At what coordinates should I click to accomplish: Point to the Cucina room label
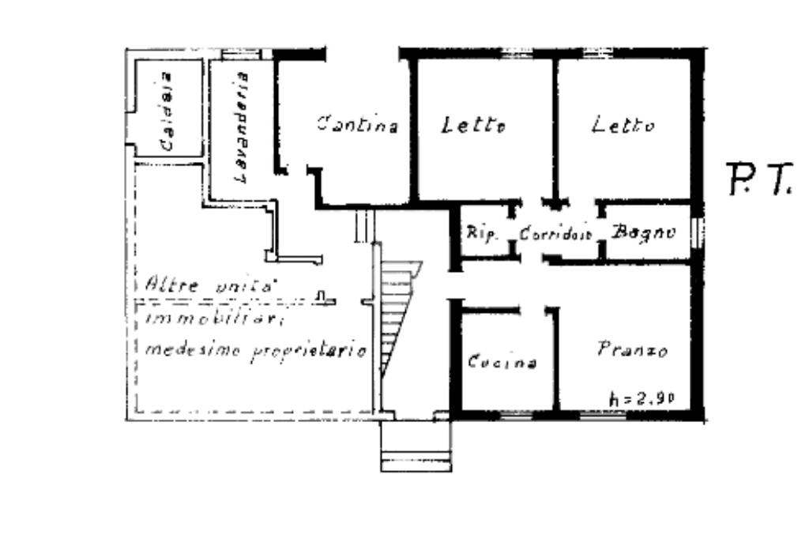[502, 363]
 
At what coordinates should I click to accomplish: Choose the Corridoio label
[556, 234]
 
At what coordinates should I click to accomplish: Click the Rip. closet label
[480, 233]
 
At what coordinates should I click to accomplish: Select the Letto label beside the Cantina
[473, 126]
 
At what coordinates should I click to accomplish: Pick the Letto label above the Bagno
[623, 126]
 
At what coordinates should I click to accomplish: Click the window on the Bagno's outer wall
[696, 232]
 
